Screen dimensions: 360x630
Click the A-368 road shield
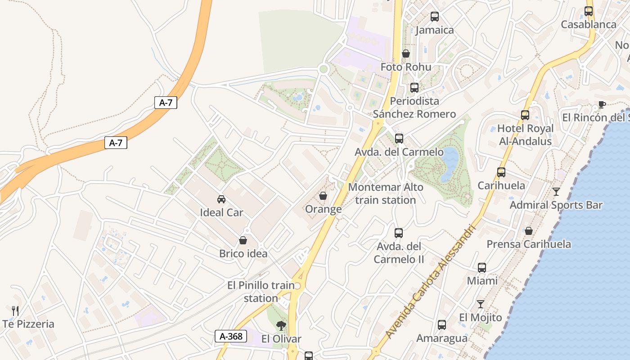pyautogui.click(x=231, y=336)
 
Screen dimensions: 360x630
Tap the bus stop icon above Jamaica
pyautogui.click(x=434, y=17)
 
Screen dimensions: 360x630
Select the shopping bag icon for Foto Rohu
pyautogui.click(x=406, y=54)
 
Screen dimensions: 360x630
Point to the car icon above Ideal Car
pyautogui.click(x=221, y=199)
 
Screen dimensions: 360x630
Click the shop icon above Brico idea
pyautogui.click(x=243, y=240)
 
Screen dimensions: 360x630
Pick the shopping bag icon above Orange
pyautogui.click(x=323, y=196)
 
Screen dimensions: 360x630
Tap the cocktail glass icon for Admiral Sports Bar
pyautogui.click(x=556, y=192)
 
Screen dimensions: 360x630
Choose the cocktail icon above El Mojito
pyautogui.click(x=481, y=304)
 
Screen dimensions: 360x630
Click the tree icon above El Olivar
pyautogui.click(x=281, y=325)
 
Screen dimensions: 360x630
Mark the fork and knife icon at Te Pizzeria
pyautogui.click(x=15, y=310)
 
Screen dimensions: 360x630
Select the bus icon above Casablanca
pyautogui.click(x=589, y=11)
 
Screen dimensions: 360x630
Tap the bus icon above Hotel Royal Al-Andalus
pyautogui.click(x=525, y=115)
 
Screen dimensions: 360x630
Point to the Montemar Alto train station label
pyautogui.click(x=386, y=193)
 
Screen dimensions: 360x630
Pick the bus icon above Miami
pyautogui.click(x=482, y=268)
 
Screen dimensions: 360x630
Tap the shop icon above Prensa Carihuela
pyautogui.click(x=529, y=231)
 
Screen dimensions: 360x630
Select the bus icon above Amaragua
pyautogui.click(x=442, y=325)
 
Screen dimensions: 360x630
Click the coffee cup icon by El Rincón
pyautogui.click(x=602, y=105)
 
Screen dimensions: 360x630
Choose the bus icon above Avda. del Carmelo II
pyautogui.click(x=399, y=233)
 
